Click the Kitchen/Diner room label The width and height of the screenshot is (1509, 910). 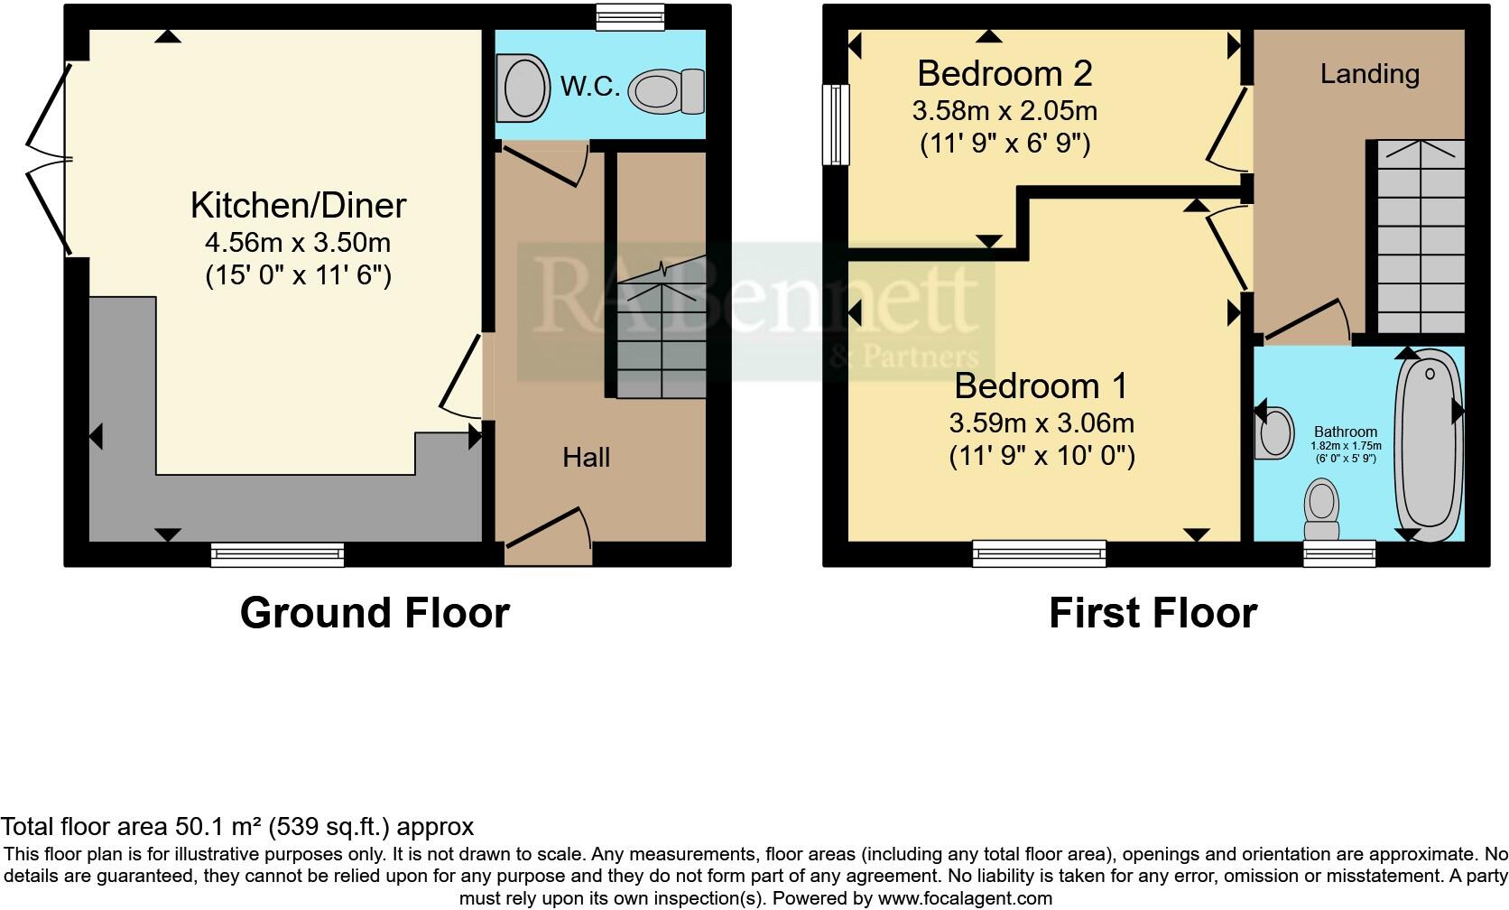pos(298,206)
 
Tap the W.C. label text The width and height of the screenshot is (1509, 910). pos(590,87)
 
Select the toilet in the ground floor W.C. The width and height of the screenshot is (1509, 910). pos(667,91)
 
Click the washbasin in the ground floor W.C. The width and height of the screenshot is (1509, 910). pos(525,88)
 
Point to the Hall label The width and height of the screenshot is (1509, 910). pos(586,458)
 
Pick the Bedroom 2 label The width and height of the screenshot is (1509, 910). pos(1004,73)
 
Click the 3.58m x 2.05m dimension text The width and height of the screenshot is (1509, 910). pos(1004,111)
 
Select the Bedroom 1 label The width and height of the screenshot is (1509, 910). pos(1041,385)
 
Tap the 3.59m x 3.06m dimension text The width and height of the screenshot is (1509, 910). pos(1041,423)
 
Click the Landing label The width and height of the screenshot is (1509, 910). pos(1369,74)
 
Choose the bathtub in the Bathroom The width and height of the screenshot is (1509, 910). pos(1428,445)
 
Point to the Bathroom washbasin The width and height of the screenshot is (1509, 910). pos(1273,433)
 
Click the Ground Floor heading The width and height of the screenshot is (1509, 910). pos(375,613)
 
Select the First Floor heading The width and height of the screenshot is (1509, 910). pos(1153,613)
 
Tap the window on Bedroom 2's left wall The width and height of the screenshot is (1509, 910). pos(836,125)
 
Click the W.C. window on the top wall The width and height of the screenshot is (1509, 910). pos(630,16)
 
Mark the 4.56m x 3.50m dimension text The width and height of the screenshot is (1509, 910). pos(298,243)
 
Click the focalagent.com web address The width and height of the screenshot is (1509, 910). pos(965,898)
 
